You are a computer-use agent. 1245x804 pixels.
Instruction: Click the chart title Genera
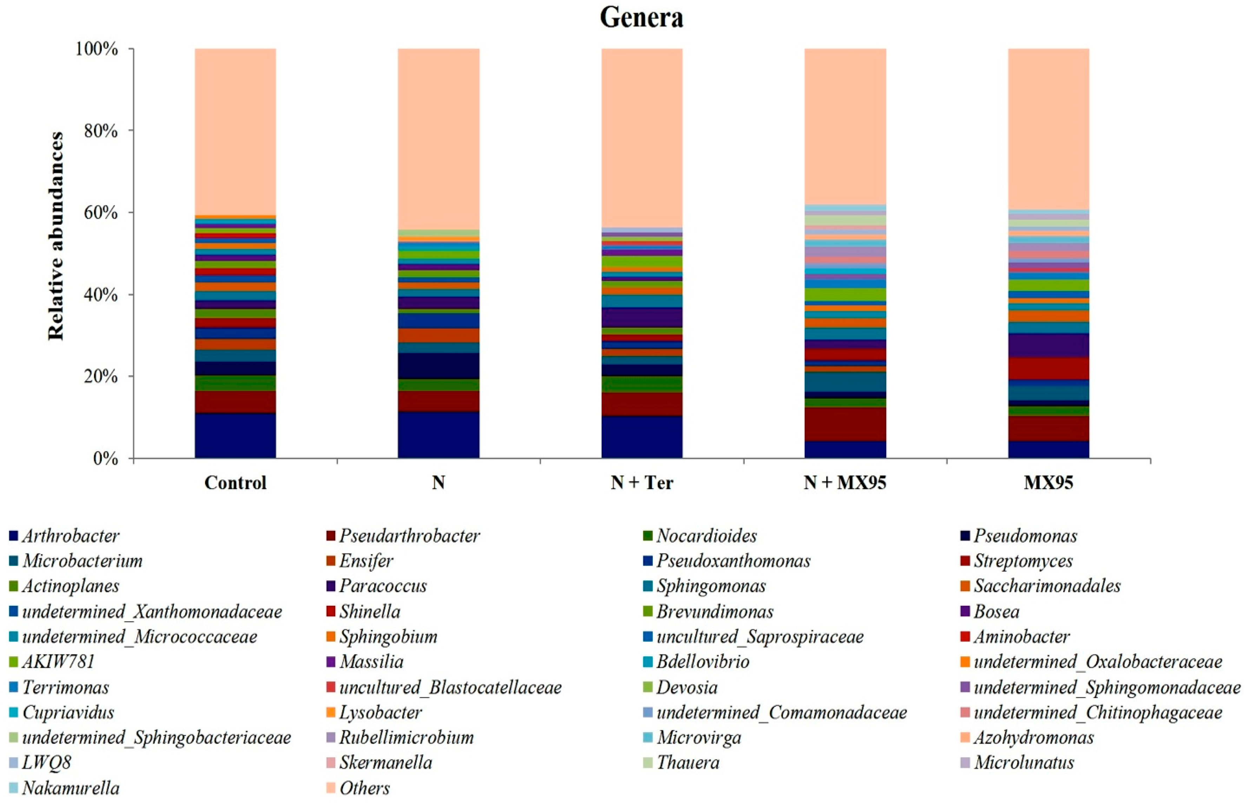pos(641,18)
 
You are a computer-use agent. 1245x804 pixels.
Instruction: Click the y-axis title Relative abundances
pos(56,236)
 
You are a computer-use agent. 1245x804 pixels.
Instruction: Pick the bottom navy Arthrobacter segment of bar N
pos(438,435)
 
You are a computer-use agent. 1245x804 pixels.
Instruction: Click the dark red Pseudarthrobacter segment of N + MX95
pos(845,424)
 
